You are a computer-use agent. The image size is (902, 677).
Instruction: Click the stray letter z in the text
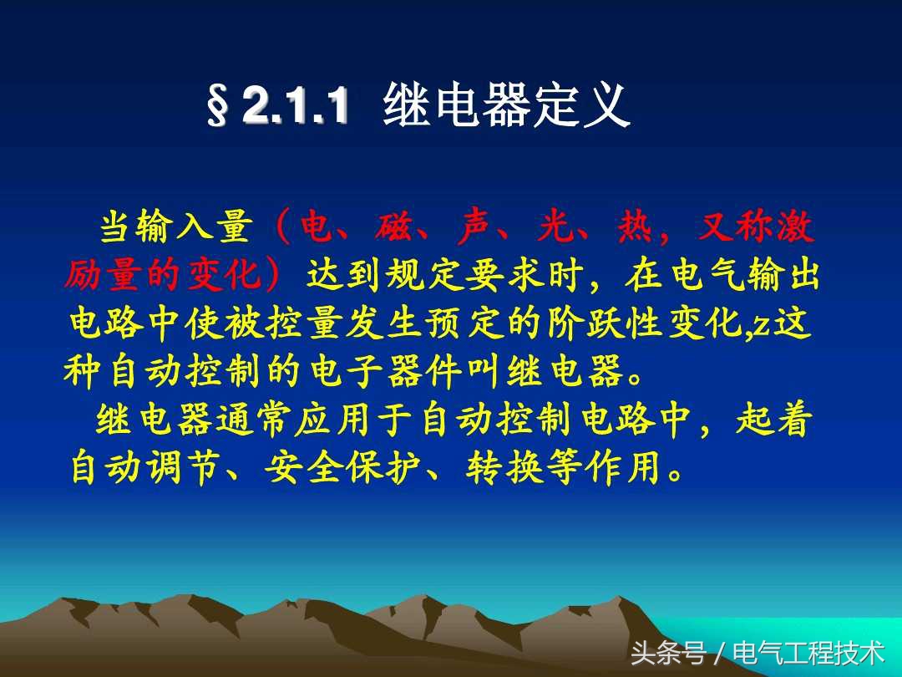763,323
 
